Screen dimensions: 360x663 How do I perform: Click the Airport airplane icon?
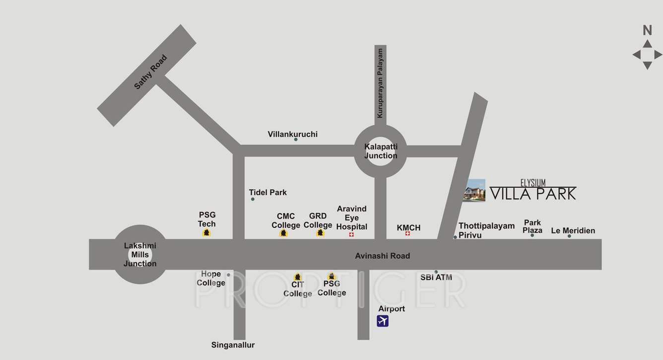click(382, 321)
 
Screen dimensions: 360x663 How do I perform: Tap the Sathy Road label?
click(150, 72)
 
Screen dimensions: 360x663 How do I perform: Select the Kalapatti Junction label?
click(381, 151)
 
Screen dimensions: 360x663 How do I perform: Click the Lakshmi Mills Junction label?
click(140, 255)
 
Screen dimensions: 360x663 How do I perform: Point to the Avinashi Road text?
click(382, 256)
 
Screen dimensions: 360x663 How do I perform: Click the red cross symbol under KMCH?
click(407, 233)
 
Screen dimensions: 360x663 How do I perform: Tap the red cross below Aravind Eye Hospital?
click(351, 234)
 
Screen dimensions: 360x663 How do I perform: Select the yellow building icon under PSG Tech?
click(207, 232)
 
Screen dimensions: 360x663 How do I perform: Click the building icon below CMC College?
click(283, 233)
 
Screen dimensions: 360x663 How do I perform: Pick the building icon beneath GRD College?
click(320, 232)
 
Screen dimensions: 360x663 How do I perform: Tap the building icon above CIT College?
click(297, 277)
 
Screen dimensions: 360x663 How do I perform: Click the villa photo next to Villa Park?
click(474, 190)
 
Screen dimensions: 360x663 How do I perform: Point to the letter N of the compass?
click(647, 30)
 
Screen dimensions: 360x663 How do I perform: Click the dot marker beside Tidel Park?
click(253, 199)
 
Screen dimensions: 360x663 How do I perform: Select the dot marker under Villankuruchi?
click(296, 140)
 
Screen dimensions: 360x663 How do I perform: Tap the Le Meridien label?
click(573, 230)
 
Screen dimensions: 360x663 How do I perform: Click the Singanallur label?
click(233, 345)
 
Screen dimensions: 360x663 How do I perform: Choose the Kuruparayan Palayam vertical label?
click(380, 83)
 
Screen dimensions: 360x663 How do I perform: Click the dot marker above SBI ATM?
click(436, 272)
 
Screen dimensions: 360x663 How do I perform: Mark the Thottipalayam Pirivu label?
click(479, 230)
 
